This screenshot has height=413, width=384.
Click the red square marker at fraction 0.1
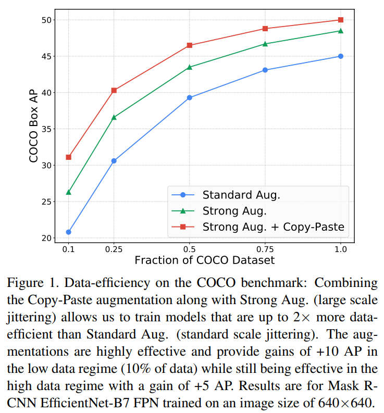(x=68, y=157)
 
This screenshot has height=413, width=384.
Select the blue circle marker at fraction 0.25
(x=114, y=161)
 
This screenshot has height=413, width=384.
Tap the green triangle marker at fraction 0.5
(x=189, y=67)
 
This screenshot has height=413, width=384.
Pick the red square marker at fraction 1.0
(x=341, y=20)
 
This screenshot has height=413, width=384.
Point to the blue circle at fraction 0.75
(x=265, y=70)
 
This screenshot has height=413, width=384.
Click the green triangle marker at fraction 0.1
(x=68, y=192)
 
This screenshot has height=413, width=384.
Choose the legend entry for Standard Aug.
(x=241, y=195)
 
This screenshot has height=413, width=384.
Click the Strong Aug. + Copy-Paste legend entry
(x=273, y=227)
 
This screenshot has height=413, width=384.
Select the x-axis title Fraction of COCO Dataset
(x=204, y=259)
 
